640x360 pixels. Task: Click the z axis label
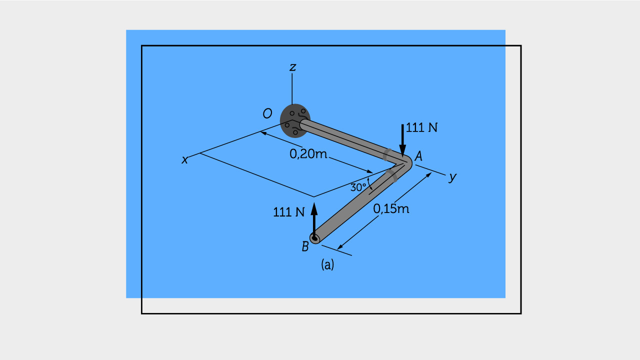tap(292, 67)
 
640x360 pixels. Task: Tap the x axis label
tap(185, 160)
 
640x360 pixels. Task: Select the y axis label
tap(452, 177)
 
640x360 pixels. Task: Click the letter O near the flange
tap(267, 113)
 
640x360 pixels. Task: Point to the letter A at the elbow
tap(418, 156)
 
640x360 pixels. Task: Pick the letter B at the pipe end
tap(305, 246)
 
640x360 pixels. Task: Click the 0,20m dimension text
tap(308, 154)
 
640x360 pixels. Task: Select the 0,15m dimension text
tap(391, 209)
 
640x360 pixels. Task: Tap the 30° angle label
tap(358, 187)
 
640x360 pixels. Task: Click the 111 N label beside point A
tap(421, 127)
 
